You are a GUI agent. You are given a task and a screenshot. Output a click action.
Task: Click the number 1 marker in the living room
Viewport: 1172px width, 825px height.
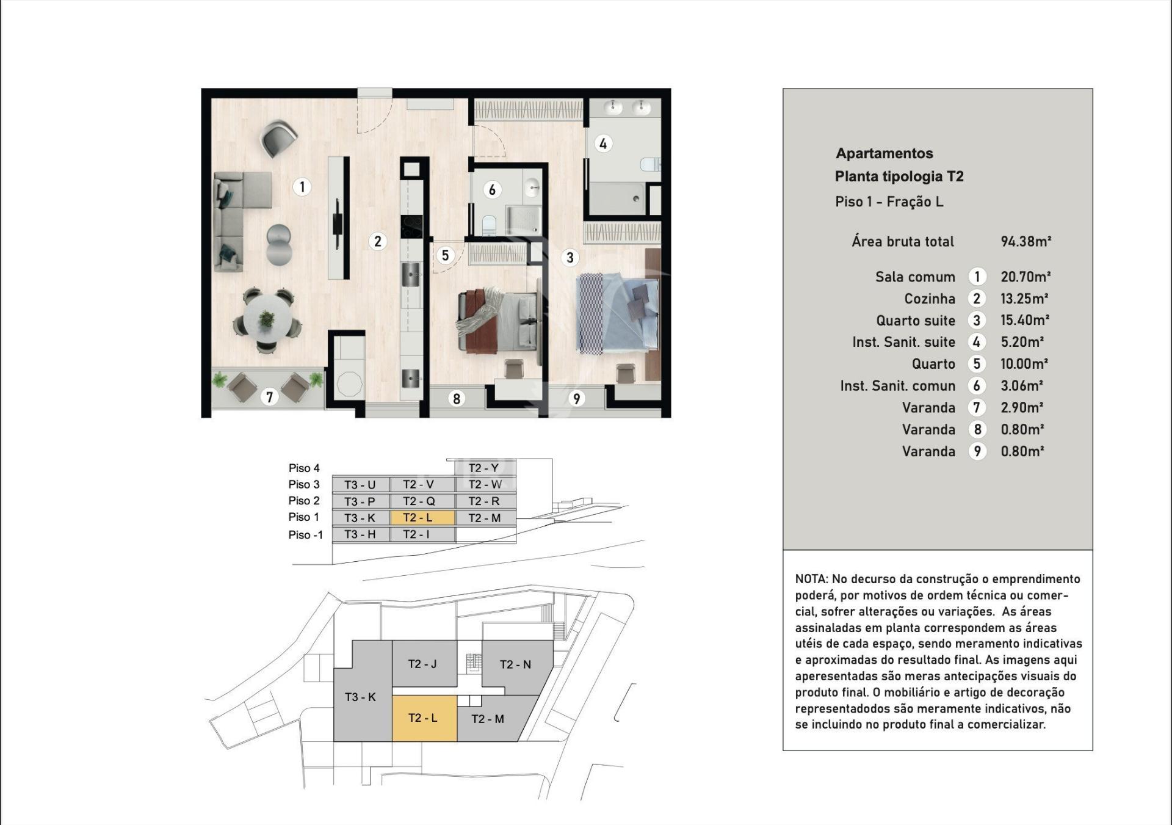coord(302,186)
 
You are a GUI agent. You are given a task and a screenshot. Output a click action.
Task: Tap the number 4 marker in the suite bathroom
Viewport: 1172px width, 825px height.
coord(603,144)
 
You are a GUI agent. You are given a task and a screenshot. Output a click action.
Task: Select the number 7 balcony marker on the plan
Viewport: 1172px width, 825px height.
coord(269,397)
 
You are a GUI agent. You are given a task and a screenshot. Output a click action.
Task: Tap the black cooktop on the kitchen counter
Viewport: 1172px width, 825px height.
coord(411,227)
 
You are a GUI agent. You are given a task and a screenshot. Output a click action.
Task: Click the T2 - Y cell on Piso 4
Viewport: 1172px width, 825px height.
coord(485,468)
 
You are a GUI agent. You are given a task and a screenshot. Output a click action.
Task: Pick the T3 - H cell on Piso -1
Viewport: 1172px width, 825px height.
coord(360,534)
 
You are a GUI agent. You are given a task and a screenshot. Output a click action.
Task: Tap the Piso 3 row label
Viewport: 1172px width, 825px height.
coord(304,484)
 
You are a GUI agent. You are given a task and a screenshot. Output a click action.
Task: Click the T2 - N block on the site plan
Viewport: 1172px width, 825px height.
coord(516,664)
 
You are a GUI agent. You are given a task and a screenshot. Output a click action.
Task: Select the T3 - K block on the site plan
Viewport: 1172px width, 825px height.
coord(360,697)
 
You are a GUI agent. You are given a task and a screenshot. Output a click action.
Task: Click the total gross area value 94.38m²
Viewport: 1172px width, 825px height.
coord(1025,241)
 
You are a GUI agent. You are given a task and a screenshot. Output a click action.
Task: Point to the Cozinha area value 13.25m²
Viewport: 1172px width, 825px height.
coord(1024,299)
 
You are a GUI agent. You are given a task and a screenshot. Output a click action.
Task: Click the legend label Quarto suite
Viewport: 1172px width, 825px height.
coord(915,321)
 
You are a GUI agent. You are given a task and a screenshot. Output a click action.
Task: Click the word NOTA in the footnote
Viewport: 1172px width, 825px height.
coord(811,579)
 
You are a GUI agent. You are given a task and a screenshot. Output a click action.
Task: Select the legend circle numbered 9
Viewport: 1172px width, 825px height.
coord(977,451)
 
